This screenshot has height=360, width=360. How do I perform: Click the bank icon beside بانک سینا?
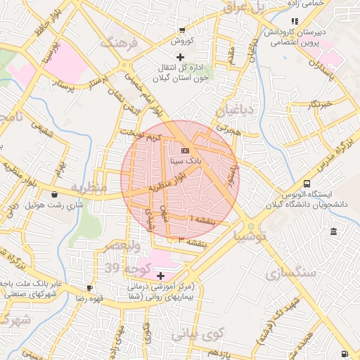185,151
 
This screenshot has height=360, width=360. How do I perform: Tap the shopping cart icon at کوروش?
183,30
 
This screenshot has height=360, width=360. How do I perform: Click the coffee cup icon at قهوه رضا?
90,288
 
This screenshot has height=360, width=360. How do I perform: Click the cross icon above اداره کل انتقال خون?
181,56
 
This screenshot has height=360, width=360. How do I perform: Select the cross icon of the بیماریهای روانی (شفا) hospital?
160,276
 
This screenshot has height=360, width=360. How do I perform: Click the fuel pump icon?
344,354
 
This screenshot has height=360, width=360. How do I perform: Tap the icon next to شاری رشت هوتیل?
55,195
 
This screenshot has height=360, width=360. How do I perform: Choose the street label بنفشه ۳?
193,242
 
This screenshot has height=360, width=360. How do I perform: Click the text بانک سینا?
185,161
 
